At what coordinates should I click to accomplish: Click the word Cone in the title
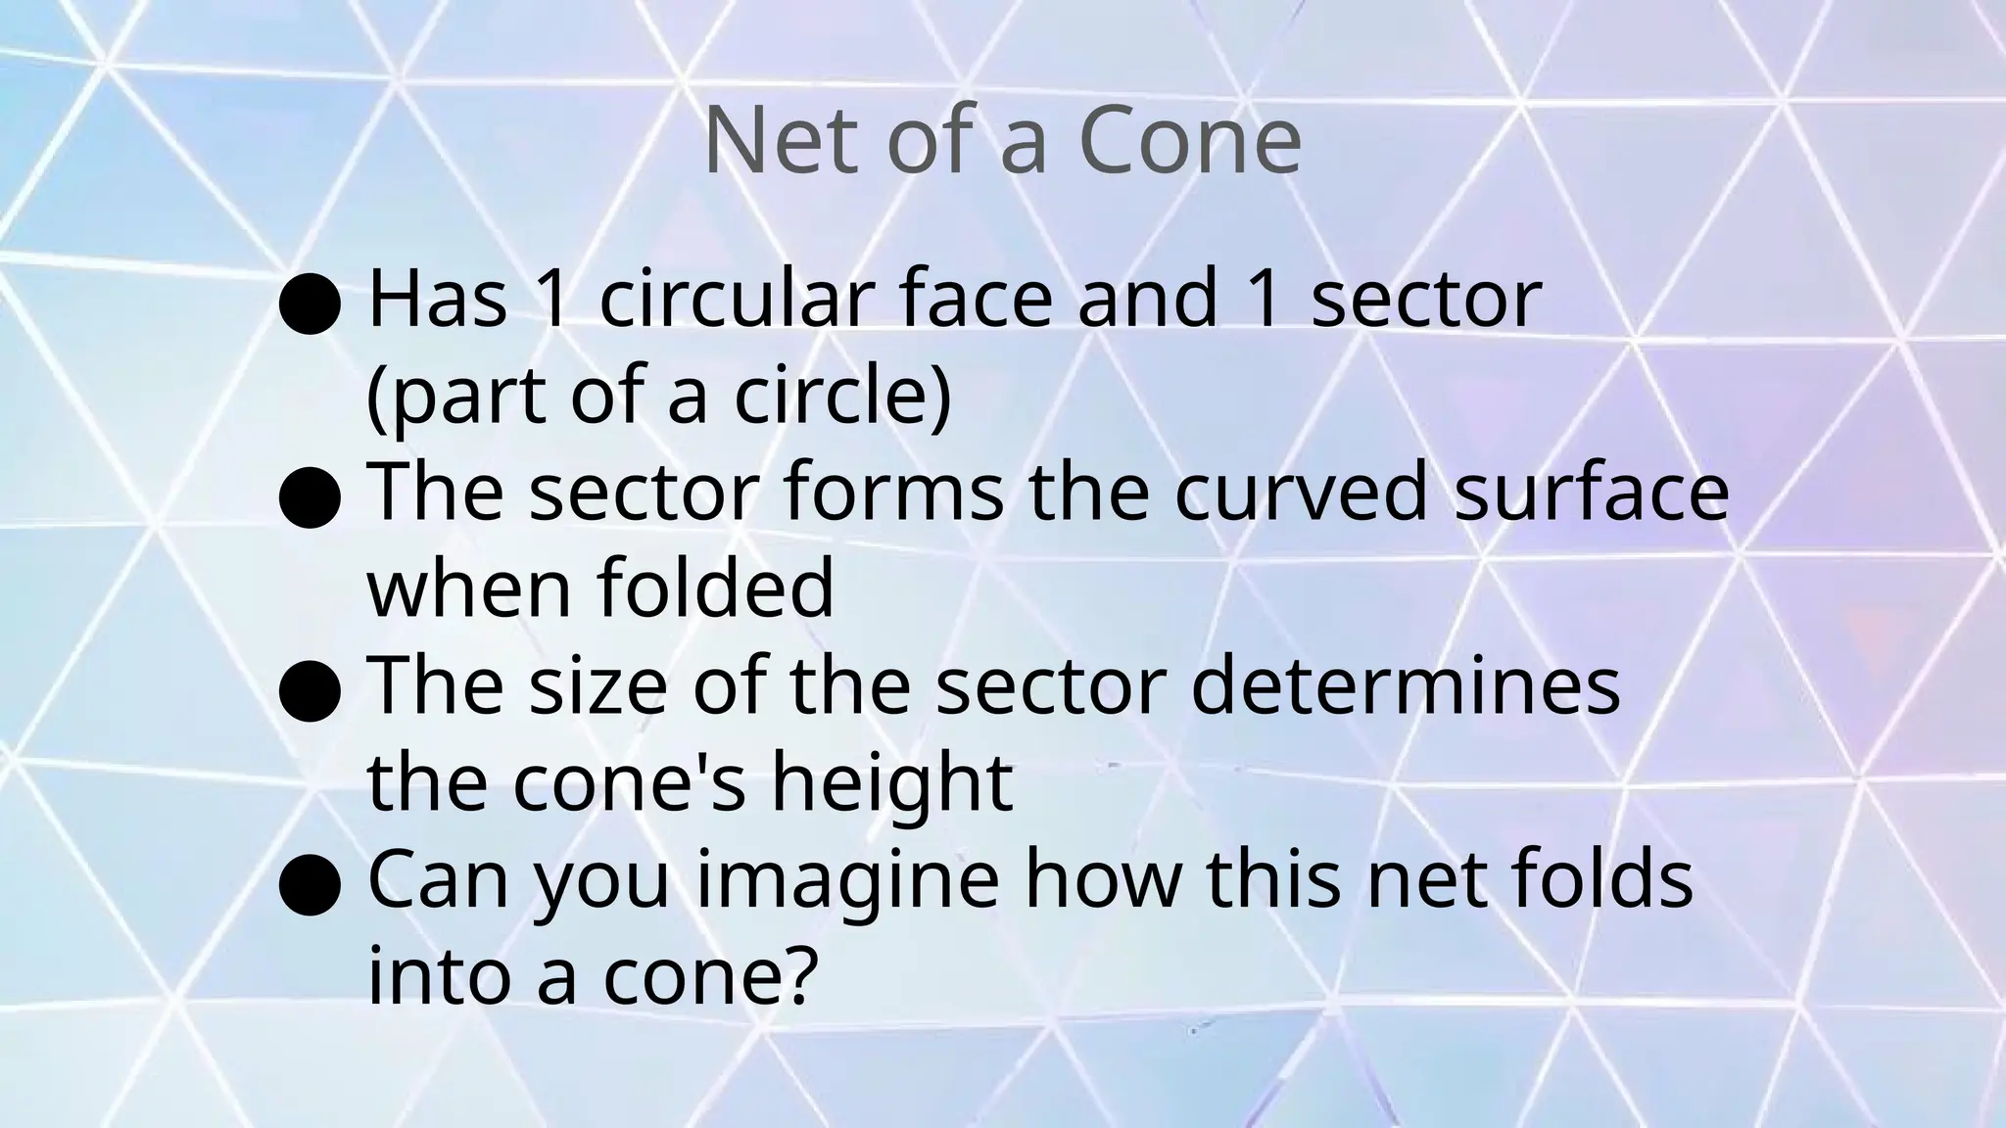(x=1189, y=142)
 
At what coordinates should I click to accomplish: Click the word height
(x=891, y=783)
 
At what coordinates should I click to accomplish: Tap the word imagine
(x=847, y=879)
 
